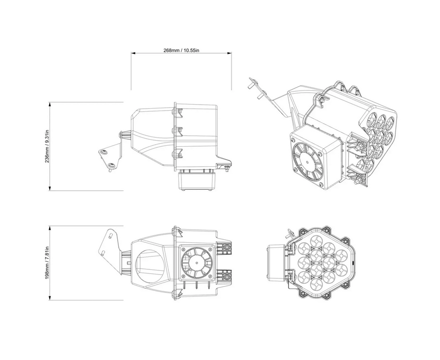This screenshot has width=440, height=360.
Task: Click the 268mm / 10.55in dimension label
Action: click(181, 51)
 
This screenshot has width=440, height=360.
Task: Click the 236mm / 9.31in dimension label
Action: click(47, 146)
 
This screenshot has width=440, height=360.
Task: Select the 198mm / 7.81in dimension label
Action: click(47, 263)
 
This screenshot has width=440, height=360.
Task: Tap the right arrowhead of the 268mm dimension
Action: click(229, 53)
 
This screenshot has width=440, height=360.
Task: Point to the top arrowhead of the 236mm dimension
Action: click(50, 105)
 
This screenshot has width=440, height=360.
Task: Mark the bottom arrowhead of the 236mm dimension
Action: click(50, 188)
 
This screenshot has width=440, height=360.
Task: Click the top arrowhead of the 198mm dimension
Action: click(50, 228)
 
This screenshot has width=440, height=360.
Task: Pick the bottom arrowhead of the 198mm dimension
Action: click(50, 297)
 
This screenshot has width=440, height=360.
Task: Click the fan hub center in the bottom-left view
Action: click(197, 263)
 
